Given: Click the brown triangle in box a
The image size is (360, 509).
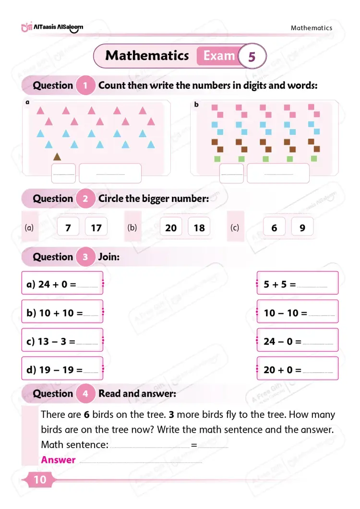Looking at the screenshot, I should [57, 156].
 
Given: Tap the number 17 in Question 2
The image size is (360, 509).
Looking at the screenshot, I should [96, 227].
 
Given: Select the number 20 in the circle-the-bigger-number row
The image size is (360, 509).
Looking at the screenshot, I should [171, 227].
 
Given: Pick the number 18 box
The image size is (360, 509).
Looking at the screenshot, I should [199, 227].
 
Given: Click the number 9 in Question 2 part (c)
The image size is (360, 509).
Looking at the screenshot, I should [302, 227].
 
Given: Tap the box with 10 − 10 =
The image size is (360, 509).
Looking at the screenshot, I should [298, 312].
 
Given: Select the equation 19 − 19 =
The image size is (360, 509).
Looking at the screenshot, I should [62, 369].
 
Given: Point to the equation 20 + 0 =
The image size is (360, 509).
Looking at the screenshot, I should [298, 369].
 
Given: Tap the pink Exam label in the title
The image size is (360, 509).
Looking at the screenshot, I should [219, 56].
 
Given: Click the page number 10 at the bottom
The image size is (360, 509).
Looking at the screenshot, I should [40, 479].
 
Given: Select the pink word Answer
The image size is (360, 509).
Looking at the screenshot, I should [58, 460].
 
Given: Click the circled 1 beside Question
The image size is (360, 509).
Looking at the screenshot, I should [86, 86].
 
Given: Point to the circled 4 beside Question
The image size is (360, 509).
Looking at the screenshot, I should [86, 394].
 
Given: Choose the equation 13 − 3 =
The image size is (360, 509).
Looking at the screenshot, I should [62, 341].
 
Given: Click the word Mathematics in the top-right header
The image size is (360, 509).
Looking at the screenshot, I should [311, 28].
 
